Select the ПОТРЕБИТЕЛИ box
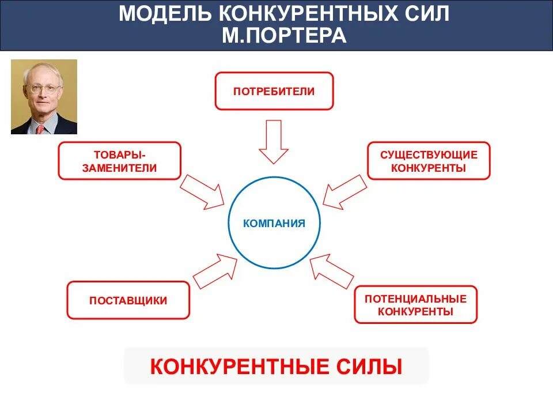tap(274, 91)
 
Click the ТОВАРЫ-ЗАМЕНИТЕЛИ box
tap(119, 161)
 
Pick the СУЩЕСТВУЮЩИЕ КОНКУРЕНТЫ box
tap(429, 161)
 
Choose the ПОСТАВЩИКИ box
tap(128, 300)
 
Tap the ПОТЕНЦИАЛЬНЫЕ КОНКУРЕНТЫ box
tap(415, 304)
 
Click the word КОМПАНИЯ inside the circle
tap(274, 223)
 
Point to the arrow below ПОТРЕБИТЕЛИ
tap(273, 142)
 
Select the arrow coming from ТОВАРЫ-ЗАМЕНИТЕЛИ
tap(202, 191)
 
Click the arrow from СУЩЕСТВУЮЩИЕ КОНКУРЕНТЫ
tap(344, 191)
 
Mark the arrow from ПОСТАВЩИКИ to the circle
tap(214, 270)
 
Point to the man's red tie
tap(40, 129)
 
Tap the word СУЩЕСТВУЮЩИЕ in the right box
tap(429, 154)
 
